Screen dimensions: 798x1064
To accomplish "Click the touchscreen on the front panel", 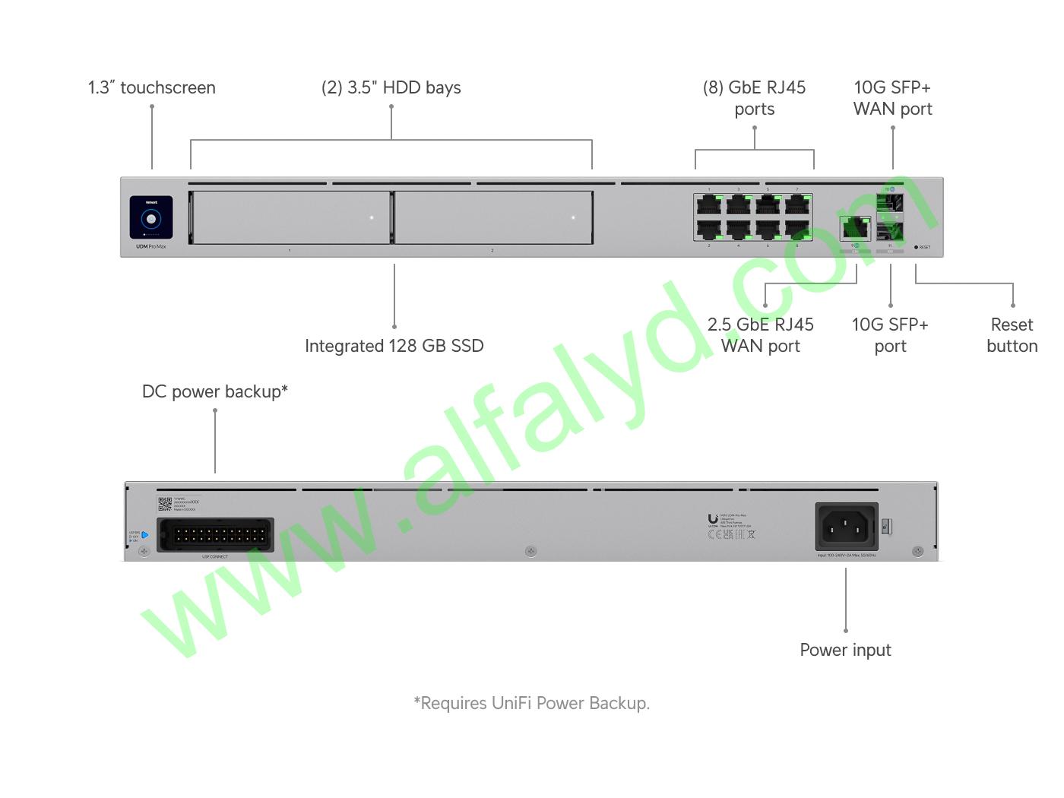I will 150,218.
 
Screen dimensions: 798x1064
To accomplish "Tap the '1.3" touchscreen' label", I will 151,88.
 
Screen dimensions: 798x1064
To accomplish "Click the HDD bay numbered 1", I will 290,217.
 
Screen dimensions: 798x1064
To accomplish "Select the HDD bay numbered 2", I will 492,217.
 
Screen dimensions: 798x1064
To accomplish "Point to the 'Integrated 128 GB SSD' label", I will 394,347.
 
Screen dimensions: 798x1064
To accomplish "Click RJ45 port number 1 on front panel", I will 709,204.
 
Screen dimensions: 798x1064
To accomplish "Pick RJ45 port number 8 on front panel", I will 796,229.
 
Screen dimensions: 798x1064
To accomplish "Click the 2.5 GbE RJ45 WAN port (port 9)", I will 855,227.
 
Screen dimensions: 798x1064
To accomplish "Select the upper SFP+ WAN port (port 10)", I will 889,203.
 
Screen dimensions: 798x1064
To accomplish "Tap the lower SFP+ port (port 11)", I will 889,230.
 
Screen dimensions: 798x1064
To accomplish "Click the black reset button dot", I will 916,247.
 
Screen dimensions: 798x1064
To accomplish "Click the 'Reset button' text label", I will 1012,335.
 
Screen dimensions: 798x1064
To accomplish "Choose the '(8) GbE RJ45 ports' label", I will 754,98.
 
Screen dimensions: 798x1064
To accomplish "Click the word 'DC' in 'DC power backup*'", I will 154,392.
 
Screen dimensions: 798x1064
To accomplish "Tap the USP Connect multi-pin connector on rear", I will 215,535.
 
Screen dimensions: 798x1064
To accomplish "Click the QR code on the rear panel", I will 165,504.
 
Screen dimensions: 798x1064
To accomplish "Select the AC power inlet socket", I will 846,526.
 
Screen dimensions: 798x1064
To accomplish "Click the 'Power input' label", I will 845,651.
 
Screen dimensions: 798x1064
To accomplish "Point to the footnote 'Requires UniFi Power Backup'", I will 531,704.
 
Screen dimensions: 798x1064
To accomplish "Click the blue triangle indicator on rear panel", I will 144,535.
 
